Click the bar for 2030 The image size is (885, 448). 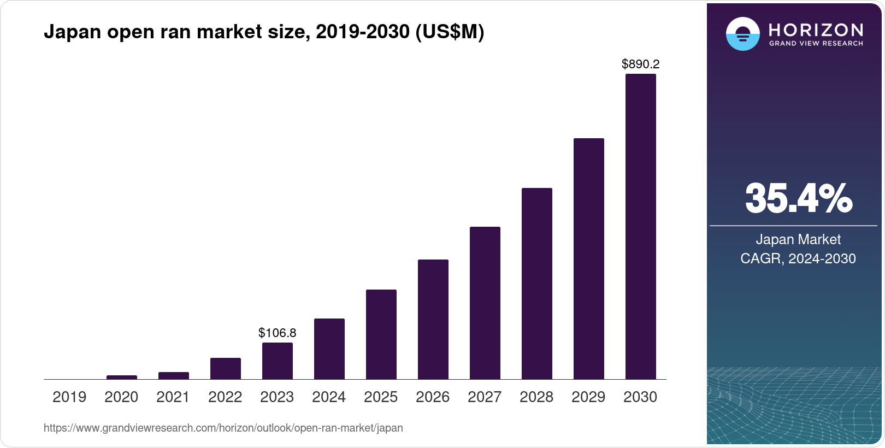tap(640, 226)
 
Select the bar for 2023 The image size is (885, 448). tap(277, 361)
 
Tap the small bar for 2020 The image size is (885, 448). tap(121, 377)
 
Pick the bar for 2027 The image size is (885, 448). tap(485, 303)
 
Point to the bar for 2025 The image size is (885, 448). tap(381, 334)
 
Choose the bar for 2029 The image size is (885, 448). tap(588, 258)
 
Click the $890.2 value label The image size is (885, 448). tap(640, 64)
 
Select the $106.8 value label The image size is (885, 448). tap(277, 333)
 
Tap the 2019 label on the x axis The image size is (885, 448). tap(69, 397)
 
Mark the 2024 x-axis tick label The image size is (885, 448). tap(329, 397)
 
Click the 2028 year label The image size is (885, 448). tap(536, 397)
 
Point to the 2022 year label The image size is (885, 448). tap(225, 397)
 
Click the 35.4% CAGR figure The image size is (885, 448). tap(798, 198)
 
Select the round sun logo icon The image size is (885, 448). tap(742, 34)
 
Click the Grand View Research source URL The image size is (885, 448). tap(223, 428)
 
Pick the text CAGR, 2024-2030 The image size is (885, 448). tap(798, 258)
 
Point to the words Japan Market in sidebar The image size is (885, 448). tap(798, 239)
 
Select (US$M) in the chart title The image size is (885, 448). tap(450, 32)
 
